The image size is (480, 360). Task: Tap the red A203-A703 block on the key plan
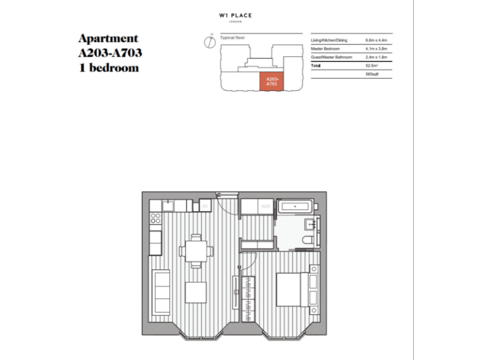(x=272, y=81)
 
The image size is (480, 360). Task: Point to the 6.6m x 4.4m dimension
(x=376, y=40)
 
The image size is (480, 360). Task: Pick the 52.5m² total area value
(x=372, y=65)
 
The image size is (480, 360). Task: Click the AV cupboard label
(x=204, y=206)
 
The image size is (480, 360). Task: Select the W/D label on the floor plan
(x=266, y=206)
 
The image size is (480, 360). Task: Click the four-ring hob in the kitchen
(x=156, y=219)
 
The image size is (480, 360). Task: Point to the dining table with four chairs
(x=196, y=251)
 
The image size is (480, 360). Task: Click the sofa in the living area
(x=162, y=292)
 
